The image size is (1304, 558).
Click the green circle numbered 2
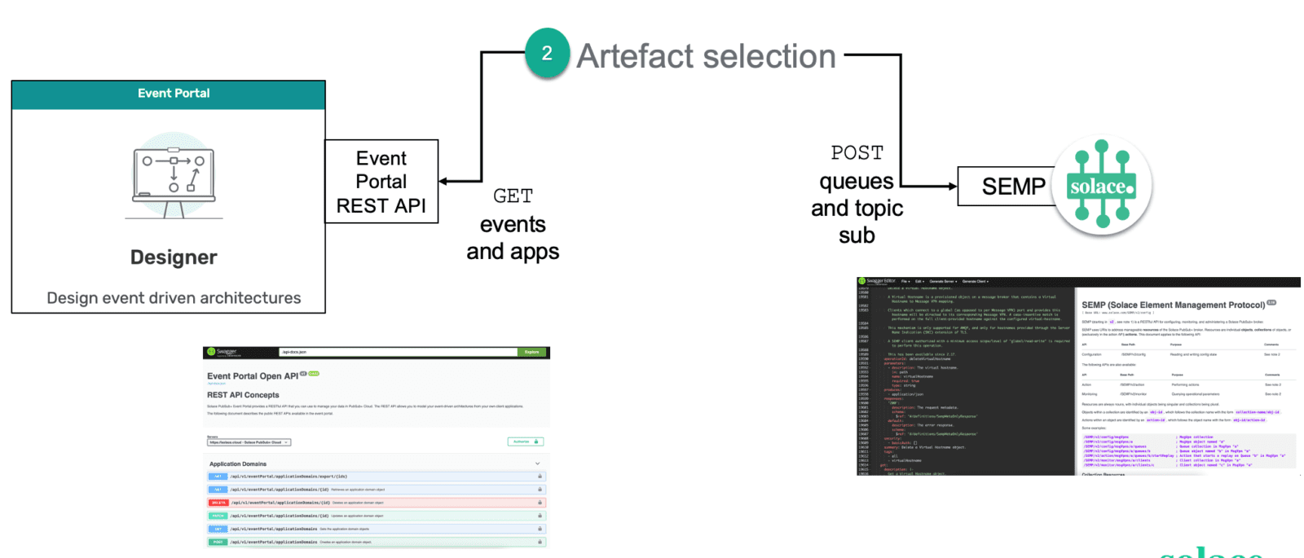coord(547,54)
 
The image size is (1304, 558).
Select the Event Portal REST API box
coord(381,182)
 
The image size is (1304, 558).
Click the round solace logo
coord(1102,187)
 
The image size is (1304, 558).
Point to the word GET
coord(513,196)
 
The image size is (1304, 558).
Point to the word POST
coord(857,153)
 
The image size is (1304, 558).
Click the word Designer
coord(174,257)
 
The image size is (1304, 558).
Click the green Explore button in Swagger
coord(531,352)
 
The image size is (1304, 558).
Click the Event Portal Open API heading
coord(253,376)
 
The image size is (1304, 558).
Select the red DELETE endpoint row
coord(375,503)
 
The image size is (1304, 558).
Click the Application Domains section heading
coord(238,464)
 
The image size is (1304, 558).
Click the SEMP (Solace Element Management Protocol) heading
coord(1173,305)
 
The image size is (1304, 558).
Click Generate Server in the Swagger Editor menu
coord(941,281)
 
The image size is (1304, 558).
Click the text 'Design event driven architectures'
coord(174,298)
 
